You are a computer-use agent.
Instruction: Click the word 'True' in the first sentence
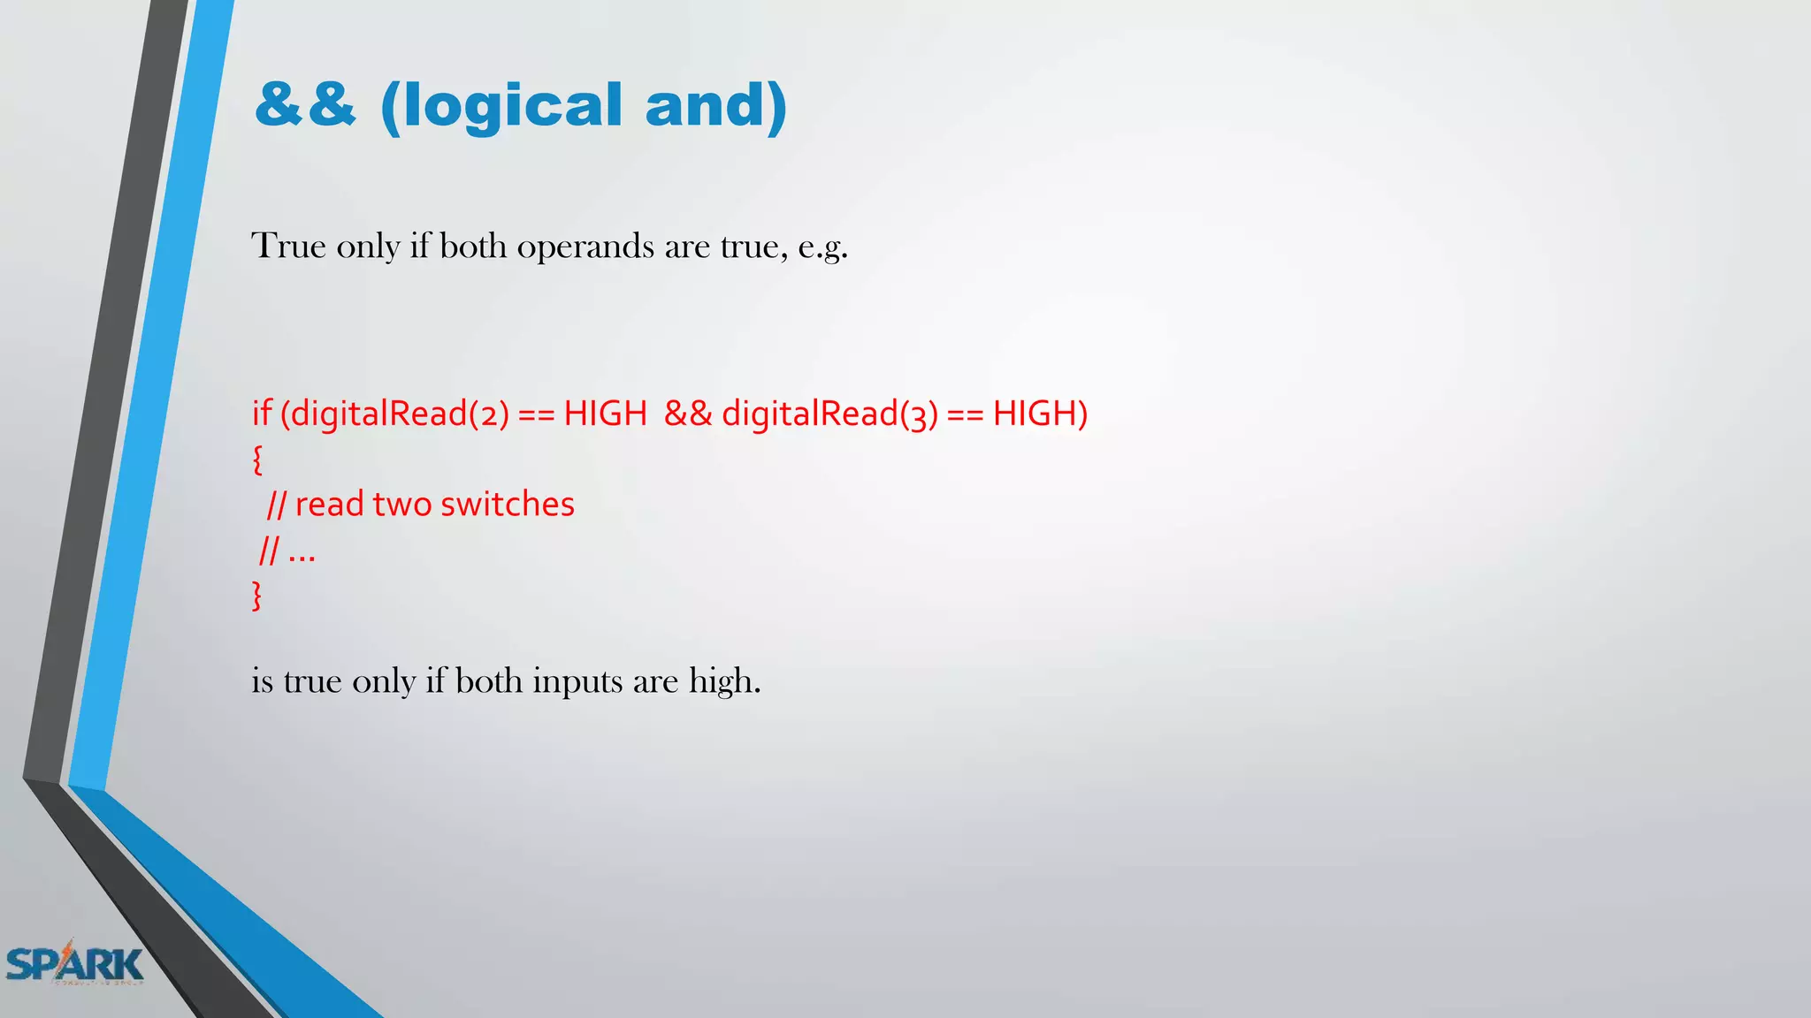tap(288, 246)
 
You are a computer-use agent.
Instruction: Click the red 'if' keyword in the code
tap(262, 413)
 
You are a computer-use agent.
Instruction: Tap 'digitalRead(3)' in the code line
tap(829, 414)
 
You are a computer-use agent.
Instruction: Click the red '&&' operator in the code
tap(687, 413)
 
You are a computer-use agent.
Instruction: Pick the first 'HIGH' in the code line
tap(606, 413)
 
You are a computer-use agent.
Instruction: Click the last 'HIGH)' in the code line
tap(1040, 413)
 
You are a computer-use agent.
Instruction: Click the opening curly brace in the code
tap(257, 460)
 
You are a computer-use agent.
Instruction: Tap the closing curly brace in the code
tap(257, 596)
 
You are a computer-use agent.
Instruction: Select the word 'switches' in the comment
tap(508, 504)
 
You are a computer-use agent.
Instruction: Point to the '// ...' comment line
tap(287, 551)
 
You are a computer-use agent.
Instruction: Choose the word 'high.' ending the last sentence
tap(724, 682)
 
